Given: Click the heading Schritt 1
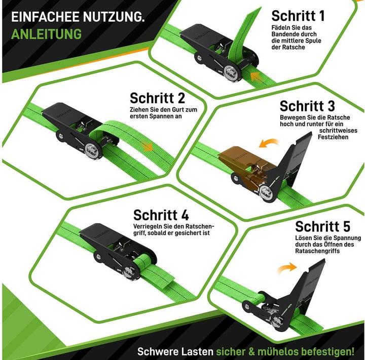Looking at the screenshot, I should click(298, 15).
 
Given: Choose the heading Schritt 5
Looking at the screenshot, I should click(322, 226).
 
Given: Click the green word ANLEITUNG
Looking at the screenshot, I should click(46, 34).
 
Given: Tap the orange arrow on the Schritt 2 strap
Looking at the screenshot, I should click(147, 146).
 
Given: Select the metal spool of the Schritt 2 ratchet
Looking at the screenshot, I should click(91, 149).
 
